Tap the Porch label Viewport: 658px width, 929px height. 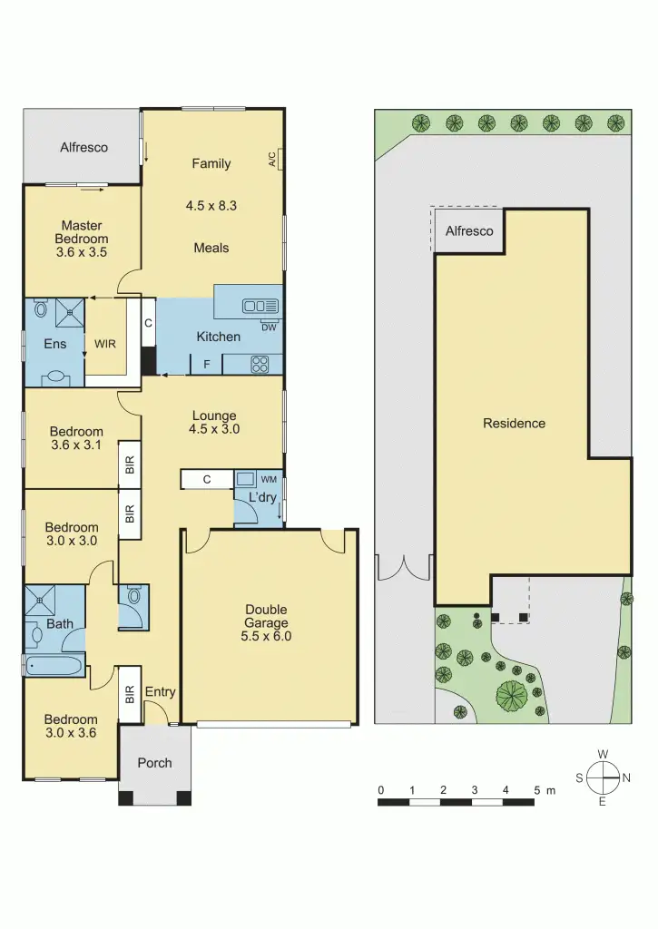[154, 763]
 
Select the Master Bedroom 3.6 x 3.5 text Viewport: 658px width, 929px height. [82, 240]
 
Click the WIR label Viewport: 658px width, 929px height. [105, 345]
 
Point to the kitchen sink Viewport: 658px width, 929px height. [260, 307]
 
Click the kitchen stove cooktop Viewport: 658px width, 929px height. [259, 365]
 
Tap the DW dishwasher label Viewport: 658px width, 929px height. [268, 328]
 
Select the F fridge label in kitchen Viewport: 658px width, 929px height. [206, 366]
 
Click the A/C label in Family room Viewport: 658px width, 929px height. [272, 161]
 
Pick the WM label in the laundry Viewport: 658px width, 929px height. [269, 478]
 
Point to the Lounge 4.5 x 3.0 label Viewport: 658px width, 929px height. [214, 423]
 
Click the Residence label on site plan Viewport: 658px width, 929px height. [514, 424]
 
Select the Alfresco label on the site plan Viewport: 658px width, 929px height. [469, 231]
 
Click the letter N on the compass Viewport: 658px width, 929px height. [626, 778]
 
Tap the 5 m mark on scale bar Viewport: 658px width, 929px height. [537, 790]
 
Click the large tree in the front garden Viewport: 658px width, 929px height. [512, 696]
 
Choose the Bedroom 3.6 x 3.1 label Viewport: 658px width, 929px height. [76, 438]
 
